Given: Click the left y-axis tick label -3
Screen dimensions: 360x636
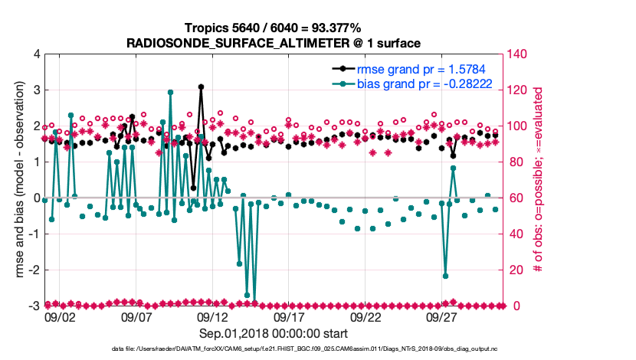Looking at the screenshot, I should coord(33,306).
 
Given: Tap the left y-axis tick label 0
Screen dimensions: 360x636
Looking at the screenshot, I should coord(35,198).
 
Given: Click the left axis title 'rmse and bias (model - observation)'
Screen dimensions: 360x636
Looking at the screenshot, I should coord(17,180).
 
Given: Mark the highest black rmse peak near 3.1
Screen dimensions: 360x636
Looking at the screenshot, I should coord(201,87).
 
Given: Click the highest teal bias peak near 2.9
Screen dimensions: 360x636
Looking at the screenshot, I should coord(170,93).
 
